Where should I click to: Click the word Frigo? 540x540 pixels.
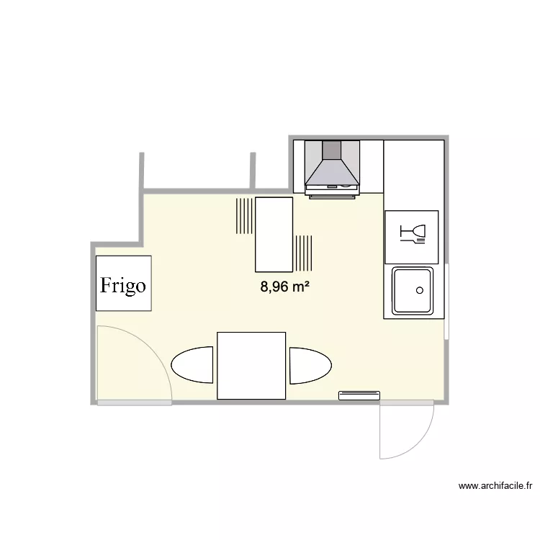coord(123,286)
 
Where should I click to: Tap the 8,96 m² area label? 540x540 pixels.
coord(284,287)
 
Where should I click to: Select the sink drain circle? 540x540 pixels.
coord(420,290)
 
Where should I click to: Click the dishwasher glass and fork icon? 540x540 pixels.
coord(413,234)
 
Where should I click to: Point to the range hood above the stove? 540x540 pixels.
coord(333,169)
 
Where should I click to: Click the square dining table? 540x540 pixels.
coord(251,366)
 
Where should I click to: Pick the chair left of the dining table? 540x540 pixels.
coord(192,365)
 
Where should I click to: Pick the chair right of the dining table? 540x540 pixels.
coord(310,365)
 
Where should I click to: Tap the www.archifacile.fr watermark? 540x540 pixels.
coord(495,486)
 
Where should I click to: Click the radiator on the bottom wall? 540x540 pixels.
coord(359,395)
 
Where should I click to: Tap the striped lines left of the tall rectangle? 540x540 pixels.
coord(244,216)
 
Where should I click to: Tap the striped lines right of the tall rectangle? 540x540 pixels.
coord(304,253)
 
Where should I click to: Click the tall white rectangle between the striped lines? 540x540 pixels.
coord(274,235)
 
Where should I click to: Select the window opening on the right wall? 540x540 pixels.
coord(446,302)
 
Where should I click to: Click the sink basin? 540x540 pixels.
coord(413,291)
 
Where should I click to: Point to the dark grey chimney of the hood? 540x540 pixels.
coord(332,150)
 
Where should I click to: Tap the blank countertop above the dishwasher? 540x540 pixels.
coord(414,175)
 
